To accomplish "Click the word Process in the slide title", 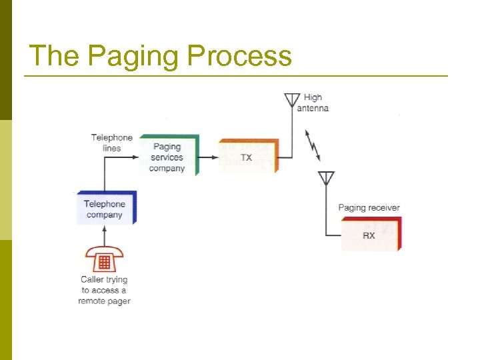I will click(239, 56).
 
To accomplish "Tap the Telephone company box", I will click(105, 209).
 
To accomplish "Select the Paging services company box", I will click(167, 157).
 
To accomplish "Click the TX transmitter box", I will click(247, 158).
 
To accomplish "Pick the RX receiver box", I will click(369, 235).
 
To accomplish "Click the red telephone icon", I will click(103, 259).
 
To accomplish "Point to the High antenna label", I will click(312, 103).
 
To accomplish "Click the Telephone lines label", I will click(112, 143).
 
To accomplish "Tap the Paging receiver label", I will click(369, 207).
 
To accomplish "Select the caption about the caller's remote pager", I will click(104, 290).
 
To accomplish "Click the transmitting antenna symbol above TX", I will click(291, 101).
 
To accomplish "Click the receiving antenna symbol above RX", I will click(326, 178).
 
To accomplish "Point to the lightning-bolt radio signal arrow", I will click(313, 145).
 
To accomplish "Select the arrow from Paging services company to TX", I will click(209, 158).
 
